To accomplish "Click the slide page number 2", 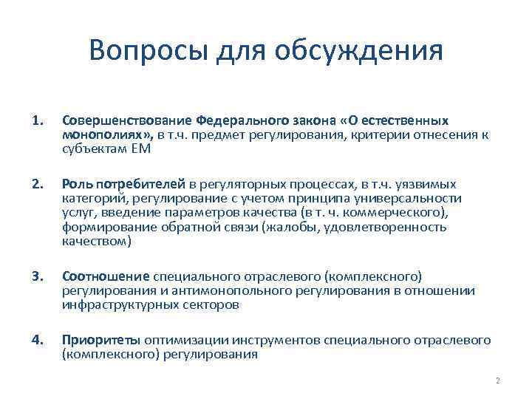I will [497, 381].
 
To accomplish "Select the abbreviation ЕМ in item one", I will [142, 149].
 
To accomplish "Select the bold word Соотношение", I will [106, 277].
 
